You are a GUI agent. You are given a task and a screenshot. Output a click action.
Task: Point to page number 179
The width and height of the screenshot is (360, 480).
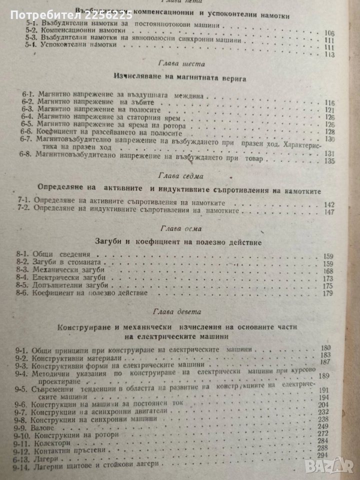point(328,293)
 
